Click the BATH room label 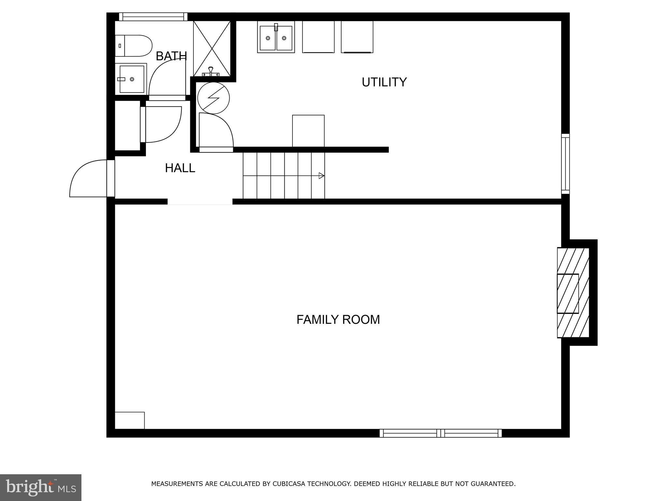pos(171,56)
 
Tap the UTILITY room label pos(384,82)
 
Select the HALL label pos(180,168)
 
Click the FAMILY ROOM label pos(338,319)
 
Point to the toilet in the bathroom pos(134,46)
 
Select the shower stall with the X pos(212,48)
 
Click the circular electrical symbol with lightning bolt pos(213,98)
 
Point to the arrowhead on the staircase pos(321,176)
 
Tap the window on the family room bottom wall pos(440,433)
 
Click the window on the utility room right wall pos(565,163)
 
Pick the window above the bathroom pos(153,17)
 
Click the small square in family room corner pos(130,420)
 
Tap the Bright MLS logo pos(40,487)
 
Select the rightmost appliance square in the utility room pos(357,37)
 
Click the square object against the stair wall pos(308,131)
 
